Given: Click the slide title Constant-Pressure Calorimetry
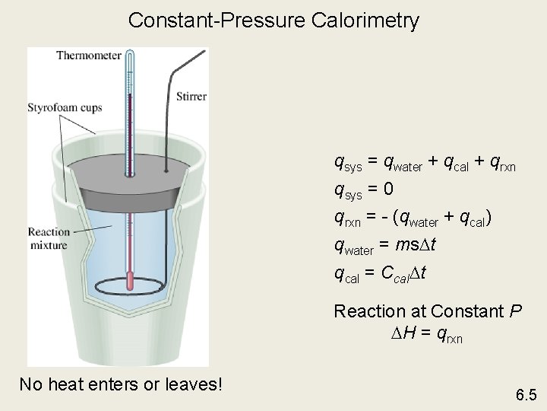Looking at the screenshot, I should [x=273, y=21].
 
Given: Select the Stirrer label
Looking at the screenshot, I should [x=191, y=97].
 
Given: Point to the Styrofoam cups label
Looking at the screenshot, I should [x=65, y=108].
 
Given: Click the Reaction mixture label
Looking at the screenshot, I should [x=48, y=238].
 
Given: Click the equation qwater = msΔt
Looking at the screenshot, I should [x=384, y=245].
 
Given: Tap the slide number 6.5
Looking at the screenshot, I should [x=526, y=395].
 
